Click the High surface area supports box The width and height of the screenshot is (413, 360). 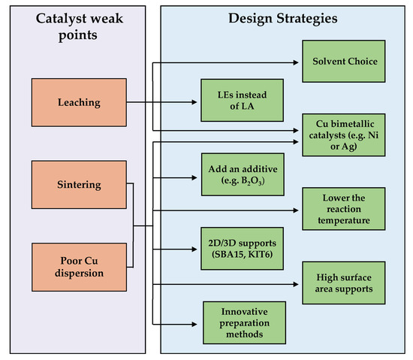pos(342,283)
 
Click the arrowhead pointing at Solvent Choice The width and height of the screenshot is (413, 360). pos(297,63)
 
